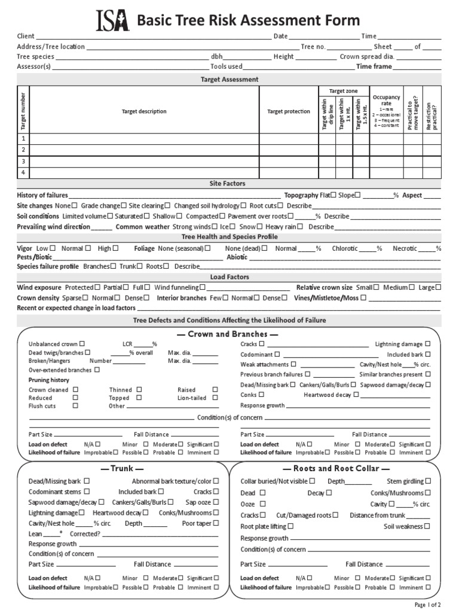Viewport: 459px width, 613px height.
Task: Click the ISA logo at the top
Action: (114, 21)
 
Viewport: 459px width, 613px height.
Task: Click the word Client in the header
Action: (26, 37)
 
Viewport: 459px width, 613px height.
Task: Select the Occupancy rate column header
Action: (386, 111)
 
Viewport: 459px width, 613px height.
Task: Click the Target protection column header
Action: (289, 111)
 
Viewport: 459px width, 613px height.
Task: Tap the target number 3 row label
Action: (23, 162)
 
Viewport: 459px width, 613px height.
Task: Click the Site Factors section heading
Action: (227, 184)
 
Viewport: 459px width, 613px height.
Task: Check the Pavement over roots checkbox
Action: (291, 216)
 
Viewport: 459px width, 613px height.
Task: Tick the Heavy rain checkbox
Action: (301, 227)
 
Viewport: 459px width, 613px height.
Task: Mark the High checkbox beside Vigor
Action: (116, 248)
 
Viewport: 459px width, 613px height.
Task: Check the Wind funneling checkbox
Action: (203, 287)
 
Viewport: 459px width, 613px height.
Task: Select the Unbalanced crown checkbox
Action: (82, 344)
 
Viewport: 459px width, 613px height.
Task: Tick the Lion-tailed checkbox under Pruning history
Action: (215, 397)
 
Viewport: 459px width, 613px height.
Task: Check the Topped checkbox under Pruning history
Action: (139, 397)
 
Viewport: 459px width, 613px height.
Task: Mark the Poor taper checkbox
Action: (216, 523)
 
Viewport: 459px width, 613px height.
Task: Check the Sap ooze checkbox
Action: (216, 502)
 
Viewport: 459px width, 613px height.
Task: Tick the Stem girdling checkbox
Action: (429, 481)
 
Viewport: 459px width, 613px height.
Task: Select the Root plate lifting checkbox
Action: (291, 526)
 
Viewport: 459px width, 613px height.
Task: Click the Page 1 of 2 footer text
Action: (427, 605)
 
